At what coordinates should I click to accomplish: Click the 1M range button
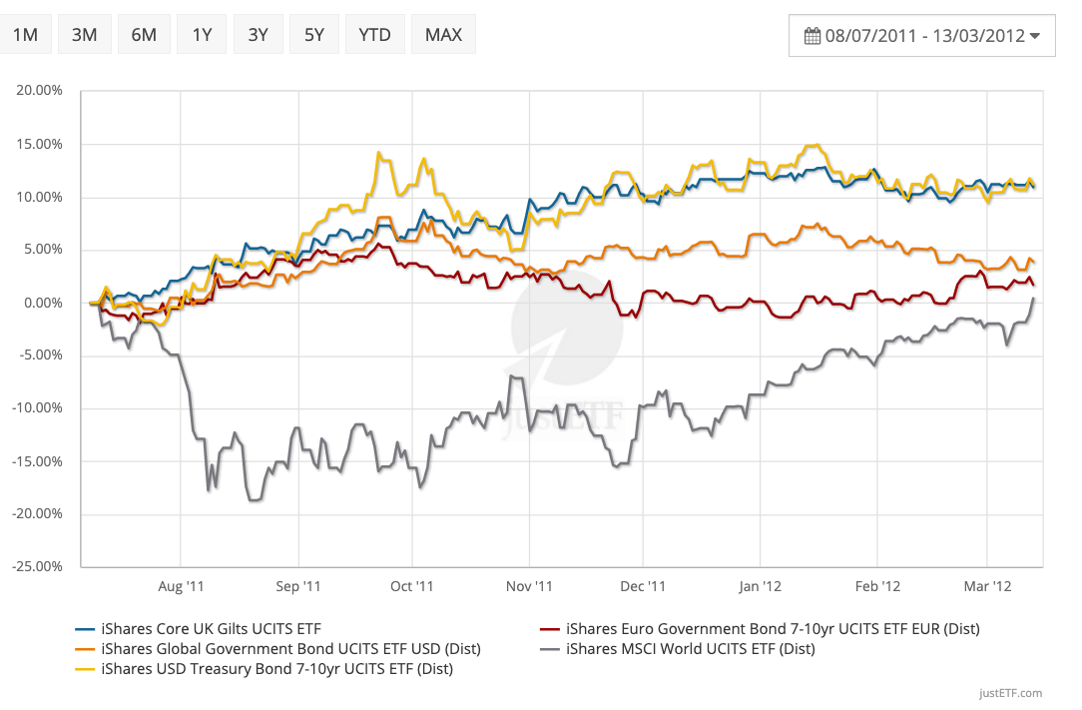pos(25,35)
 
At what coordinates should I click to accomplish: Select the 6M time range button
pos(144,35)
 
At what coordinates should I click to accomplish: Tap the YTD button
pos(374,35)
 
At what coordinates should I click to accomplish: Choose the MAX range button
pos(443,35)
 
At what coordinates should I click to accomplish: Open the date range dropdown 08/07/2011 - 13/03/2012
pos(921,36)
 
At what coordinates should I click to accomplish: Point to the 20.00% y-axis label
pos(41,91)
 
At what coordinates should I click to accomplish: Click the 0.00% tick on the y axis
pos(44,303)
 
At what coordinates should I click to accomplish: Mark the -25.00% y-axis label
pos(39,567)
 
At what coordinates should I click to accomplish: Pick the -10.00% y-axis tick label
pos(39,408)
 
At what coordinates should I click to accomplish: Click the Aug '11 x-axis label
pos(181,587)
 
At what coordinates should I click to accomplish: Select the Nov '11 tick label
pos(529,587)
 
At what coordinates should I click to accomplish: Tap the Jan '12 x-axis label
pos(761,587)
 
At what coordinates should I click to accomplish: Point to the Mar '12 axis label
pos(987,587)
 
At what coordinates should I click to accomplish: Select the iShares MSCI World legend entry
pos(689,649)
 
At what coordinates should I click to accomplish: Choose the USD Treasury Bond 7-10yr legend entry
pos(276,669)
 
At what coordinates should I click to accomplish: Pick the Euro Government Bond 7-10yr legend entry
pos(772,629)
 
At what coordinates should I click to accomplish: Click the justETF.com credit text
pos(1010,693)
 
